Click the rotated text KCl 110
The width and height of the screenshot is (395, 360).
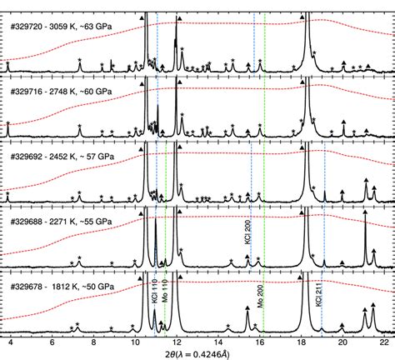[153, 308]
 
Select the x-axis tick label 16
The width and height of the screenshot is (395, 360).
[259, 342]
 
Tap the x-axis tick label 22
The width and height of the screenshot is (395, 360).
[382, 342]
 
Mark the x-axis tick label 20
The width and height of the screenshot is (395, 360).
[342, 342]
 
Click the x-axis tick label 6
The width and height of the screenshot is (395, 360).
[52, 342]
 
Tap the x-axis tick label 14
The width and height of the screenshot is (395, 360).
[217, 342]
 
